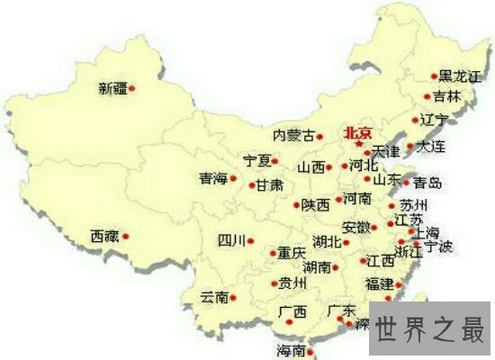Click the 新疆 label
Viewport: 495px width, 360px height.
pos(113,88)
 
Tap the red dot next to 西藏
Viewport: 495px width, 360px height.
pos(126,237)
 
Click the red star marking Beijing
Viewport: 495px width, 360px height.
pos(358,144)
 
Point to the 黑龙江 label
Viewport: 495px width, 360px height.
pos(461,77)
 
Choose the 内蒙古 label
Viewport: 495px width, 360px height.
pos(293,136)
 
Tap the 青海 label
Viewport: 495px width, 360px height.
pos(213,178)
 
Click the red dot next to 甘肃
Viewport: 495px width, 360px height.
pos(251,186)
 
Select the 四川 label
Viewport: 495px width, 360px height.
pos(231,240)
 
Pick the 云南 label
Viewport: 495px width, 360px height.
pos(214,296)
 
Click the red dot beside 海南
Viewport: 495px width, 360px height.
pos(311,348)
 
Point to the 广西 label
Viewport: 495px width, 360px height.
pos(292,312)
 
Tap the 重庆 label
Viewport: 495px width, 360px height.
pos(292,254)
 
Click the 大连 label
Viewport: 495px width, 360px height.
pos(433,146)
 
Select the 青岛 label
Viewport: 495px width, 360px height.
pos(427,183)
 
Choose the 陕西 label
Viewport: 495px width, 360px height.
pos(316,205)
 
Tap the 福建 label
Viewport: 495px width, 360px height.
pos(379,283)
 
